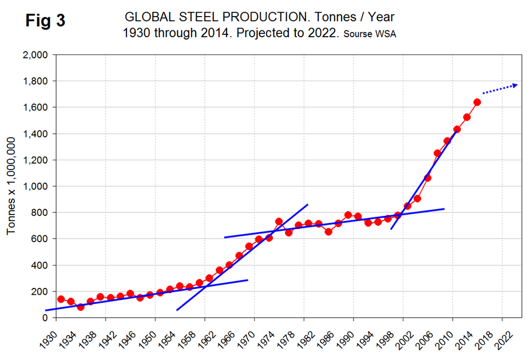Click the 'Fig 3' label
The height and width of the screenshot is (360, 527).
tap(45, 21)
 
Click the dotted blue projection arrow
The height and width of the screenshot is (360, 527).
tap(500, 89)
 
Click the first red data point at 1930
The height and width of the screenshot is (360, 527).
tap(61, 299)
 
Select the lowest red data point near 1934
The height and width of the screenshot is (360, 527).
tap(80, 307)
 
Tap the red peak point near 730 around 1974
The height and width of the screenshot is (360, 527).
tap(279, 221)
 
